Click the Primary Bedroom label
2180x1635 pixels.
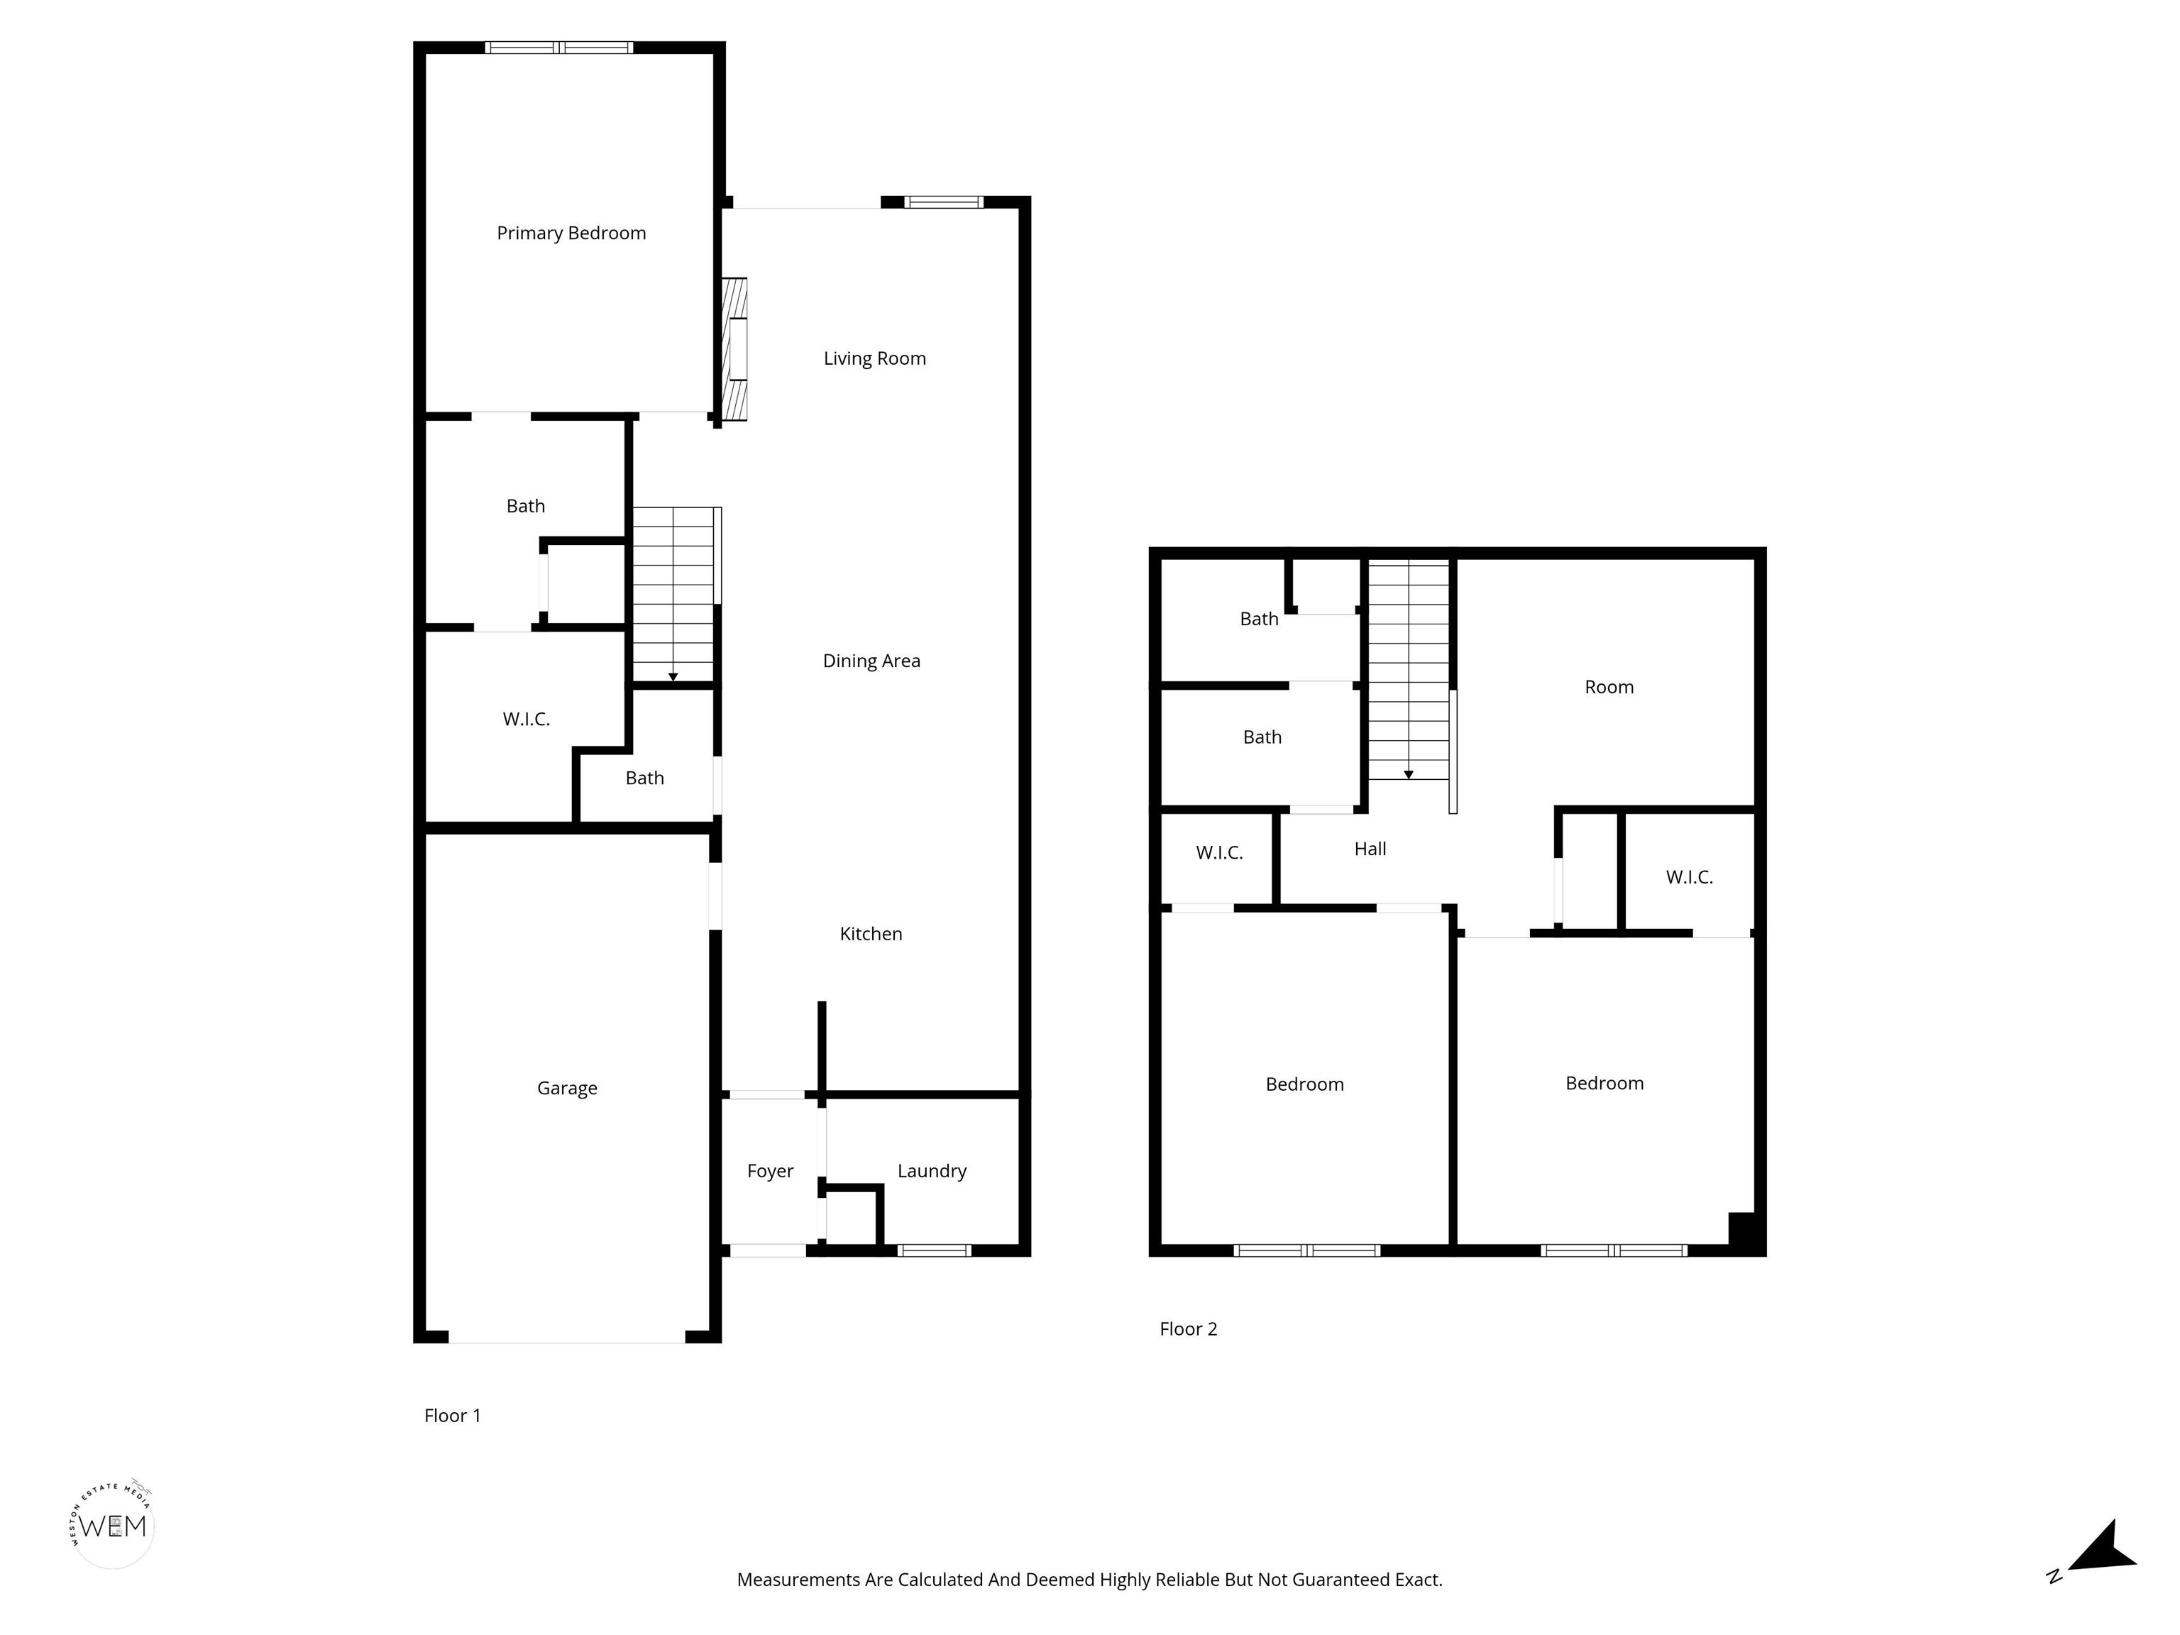[571, 233]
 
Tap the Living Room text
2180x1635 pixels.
[875, 359]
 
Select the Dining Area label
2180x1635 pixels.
[872, 661]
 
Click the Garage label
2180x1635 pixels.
[568, 1088]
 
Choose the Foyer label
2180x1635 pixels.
[771, 1171]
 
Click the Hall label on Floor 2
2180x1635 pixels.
[1370, 849]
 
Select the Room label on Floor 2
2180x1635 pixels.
[1609, 687]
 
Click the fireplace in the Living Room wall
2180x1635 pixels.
[734, 350]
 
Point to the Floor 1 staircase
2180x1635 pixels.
[674, 594]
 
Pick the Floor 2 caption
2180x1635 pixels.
[1189, 1328]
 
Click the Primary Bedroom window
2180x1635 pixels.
[558, 48]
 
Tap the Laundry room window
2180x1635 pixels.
[935, 1250]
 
